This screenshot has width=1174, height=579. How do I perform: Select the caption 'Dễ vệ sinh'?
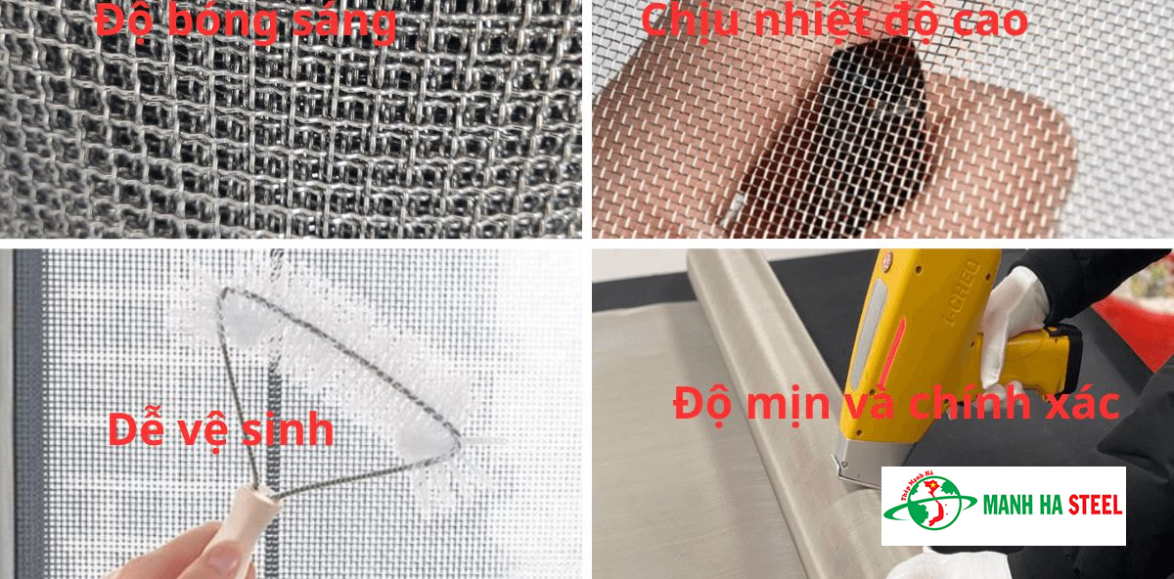pyautogui.click(x=221, y=429)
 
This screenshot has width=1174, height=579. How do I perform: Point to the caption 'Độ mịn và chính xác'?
pyautogui.click(x=896, y=404)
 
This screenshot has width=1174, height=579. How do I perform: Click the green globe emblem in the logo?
pyautogui.click(x=928, y=507)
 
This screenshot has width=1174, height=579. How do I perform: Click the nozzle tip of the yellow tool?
pyautogui.click(x=841, y=469)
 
